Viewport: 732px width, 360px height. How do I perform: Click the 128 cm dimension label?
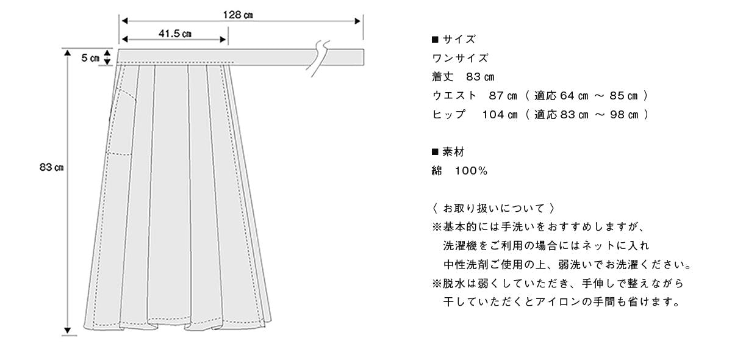[x=238, y=15]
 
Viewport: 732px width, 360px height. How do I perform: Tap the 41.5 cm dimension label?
[x=175, y=34]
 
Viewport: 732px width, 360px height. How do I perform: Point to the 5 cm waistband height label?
[x=90, y=58]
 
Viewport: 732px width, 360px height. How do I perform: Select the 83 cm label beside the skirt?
[x=51, y=167]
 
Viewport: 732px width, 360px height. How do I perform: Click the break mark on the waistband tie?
[x=318, y=58]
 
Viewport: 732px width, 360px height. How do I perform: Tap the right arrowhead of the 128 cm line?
[x=357, y=21]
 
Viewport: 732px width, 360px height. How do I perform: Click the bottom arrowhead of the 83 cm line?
[x=67, y=330]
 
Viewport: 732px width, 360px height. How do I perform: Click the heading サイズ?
[x=459, y=39]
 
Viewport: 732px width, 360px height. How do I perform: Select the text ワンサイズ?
[x=460, y=58]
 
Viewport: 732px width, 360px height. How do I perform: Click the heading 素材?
[x=453, y=152]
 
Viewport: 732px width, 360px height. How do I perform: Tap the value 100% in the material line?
[x=471, y=171]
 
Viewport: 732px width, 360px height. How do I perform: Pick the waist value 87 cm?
[x=503, y=95]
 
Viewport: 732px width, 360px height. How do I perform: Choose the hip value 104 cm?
[x=500, y=115]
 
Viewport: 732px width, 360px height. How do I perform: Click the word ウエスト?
[x=454, y=95]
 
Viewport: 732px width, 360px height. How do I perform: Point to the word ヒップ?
[x=448, y=115]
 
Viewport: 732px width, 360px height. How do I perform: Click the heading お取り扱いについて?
[x=493, y=208]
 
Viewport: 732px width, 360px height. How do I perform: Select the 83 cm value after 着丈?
[x=480, y=77]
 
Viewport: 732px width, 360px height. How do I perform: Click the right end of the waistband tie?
[x=364, y=57]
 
